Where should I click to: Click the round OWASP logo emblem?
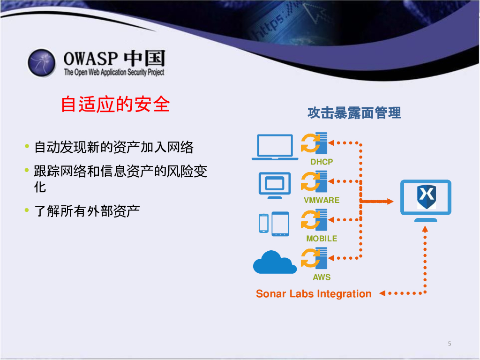[42, 63]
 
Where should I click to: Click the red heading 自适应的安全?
[115, 104]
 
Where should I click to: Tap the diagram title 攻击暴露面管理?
[354, 112]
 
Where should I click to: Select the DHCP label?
[322, 162]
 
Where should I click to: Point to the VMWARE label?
[322, 200]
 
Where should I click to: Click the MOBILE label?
[322, 239]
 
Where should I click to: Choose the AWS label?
[322, 277]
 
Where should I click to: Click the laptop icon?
[275, 147]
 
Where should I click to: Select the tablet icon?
[280, 224]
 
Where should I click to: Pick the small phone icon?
[263, 224]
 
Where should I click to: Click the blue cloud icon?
[275, 262]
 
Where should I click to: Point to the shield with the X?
[427, 196]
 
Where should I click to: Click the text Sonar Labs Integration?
[314, 294]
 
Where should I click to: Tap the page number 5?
[450, 344]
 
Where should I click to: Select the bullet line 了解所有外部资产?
[87, 211]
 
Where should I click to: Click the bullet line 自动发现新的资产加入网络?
[113, 147]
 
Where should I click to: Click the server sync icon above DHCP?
[314, 143]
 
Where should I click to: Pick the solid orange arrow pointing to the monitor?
[376, 201]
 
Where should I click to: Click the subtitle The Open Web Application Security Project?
[114, 72]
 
